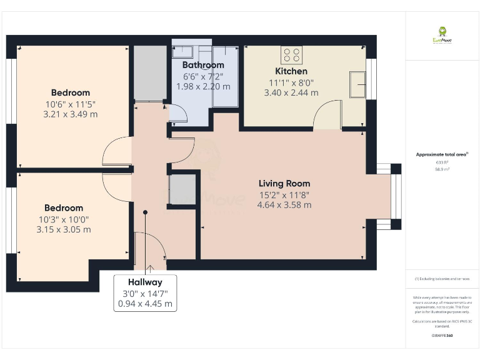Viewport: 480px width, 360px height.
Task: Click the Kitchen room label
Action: coord(291,71)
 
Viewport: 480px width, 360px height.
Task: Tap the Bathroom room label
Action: coord(203,65)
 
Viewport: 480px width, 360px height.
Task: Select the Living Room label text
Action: coord(284,184)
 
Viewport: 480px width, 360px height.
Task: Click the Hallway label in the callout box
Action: coord(145,282)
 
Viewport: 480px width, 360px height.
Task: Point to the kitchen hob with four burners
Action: coord(291,54)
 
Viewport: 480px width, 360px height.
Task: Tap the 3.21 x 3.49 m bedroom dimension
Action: coord(71,114)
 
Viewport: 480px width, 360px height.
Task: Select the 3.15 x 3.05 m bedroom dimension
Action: coord(63,229)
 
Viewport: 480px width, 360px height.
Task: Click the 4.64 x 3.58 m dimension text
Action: coord(284,205)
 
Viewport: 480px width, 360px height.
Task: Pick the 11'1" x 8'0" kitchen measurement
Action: coord(291,82)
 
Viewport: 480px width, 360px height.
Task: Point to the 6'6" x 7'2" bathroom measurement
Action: coord(203,76)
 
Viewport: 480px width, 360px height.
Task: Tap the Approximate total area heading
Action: coord(442,154)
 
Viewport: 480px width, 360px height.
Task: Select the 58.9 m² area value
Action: coord(442,169)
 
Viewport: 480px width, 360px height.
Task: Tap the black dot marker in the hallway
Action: coord(145,212)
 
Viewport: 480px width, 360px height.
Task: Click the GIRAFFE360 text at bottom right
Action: coord(442,336)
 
